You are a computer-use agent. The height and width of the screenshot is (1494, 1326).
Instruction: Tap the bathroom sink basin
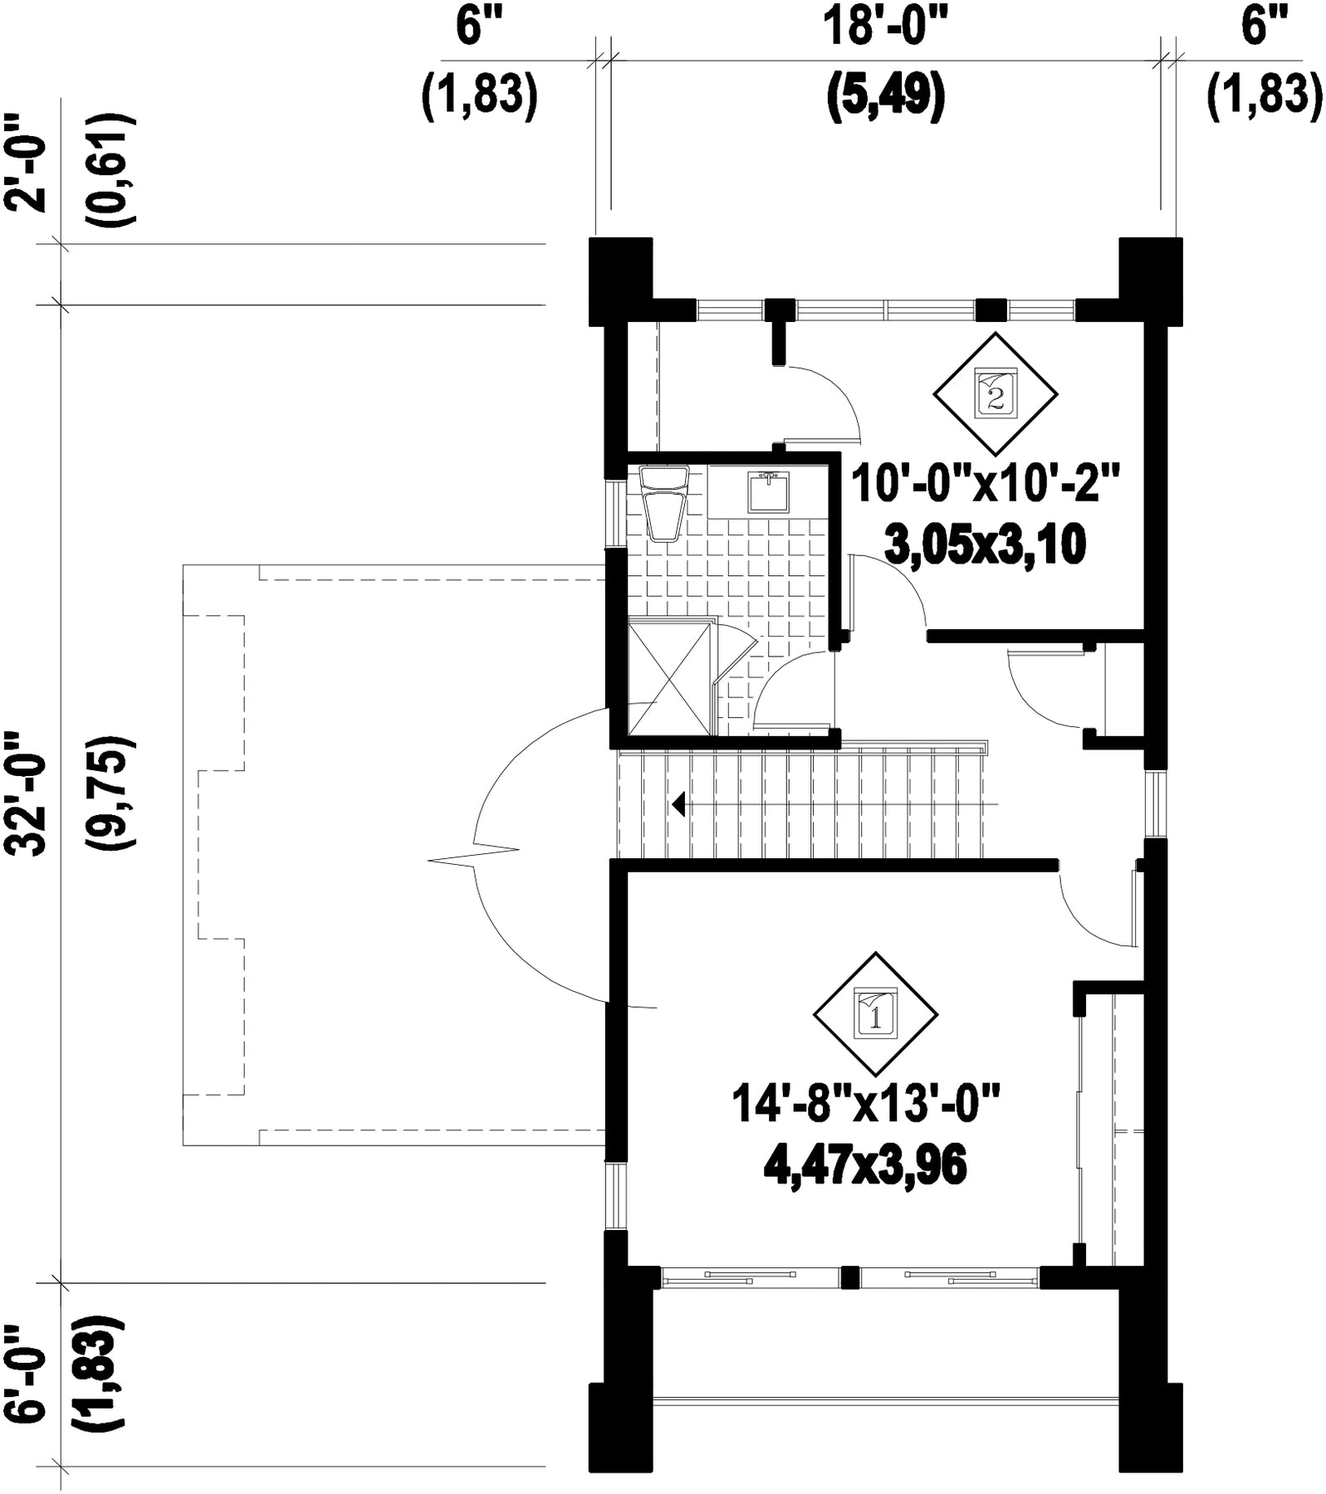770,491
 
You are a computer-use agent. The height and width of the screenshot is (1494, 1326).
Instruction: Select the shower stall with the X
670,680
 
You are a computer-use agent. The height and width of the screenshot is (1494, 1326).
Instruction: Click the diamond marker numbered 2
995,394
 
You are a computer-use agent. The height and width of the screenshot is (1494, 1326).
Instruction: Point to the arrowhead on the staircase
678,804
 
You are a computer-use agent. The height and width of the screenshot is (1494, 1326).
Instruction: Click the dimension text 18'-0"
885,27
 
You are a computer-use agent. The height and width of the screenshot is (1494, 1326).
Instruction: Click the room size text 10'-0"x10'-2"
987,483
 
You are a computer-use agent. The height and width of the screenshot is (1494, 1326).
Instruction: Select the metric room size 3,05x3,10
986,546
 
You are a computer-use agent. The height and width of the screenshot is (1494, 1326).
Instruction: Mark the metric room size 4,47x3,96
865,1166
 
